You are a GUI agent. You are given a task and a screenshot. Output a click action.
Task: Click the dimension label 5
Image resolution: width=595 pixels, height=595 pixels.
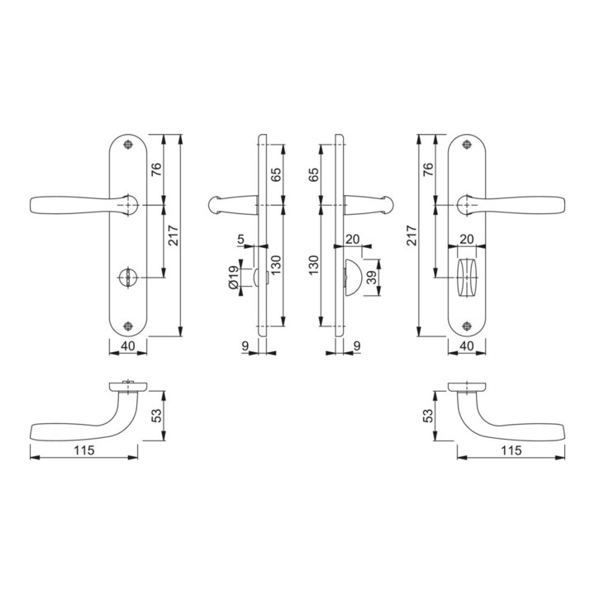pos(240,240)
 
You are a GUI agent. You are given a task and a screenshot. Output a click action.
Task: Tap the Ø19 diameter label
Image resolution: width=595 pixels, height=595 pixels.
pos(234,278)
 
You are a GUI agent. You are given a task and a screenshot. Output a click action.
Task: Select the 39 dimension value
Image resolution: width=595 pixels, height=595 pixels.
pos(372,277)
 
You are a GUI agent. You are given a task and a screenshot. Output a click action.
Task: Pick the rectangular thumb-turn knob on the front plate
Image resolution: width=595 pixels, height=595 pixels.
pos(467,278)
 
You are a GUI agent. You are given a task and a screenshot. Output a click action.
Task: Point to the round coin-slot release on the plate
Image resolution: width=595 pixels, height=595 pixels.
pos(128,277)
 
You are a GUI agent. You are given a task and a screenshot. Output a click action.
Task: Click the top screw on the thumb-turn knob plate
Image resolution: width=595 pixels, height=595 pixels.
pos(467,145)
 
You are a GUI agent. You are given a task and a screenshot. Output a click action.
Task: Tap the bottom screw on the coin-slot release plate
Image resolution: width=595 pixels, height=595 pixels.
pos(128,326)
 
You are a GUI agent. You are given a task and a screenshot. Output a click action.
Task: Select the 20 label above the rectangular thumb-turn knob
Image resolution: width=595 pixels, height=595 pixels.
pos(467,240)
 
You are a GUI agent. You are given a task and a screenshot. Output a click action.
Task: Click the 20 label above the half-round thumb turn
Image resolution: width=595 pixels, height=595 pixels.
pos(353,240)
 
